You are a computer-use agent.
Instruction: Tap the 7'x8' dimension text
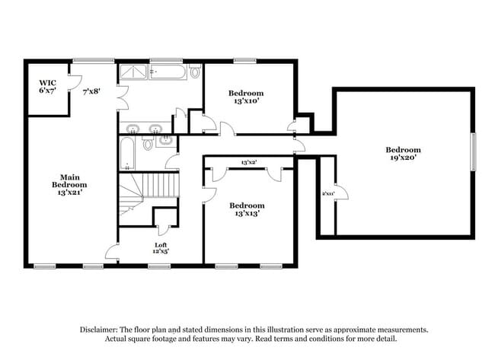[91, 91]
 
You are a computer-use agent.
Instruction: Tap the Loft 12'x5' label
[161, 247]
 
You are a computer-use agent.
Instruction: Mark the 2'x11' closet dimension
[327, 194]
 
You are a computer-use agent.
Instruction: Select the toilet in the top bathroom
[195, 73]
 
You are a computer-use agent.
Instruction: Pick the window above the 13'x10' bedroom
[244, 61]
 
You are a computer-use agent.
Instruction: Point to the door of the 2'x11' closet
[340, 193]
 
